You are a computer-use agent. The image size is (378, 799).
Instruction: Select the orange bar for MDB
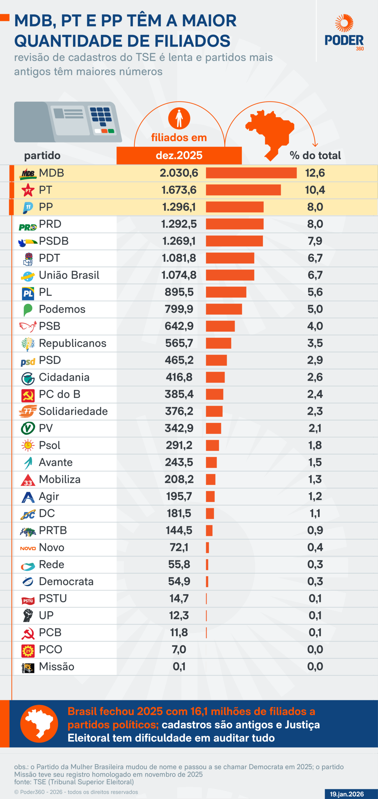251,173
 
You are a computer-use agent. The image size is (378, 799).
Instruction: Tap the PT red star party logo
28,190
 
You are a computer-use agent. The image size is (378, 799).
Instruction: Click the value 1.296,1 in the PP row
179,207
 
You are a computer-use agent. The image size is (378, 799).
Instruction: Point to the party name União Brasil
69,275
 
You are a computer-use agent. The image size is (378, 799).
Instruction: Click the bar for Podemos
224,309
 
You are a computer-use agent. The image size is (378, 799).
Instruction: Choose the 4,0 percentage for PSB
315,326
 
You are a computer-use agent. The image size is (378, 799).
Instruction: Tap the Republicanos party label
72,343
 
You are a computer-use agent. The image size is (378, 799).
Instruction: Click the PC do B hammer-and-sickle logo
28,395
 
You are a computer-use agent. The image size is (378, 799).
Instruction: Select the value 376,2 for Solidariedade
179,411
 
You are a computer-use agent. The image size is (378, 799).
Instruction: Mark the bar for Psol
212,445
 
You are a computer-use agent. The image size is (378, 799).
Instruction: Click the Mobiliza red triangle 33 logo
28,480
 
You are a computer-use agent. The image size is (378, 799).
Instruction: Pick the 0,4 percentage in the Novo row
315,547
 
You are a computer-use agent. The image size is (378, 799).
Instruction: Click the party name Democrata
66,581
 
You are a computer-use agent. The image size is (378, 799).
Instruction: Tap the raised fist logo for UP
28,615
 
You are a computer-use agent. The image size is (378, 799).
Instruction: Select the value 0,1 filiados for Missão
179,666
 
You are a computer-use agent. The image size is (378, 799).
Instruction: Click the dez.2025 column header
179,155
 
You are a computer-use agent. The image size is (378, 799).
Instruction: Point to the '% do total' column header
315,155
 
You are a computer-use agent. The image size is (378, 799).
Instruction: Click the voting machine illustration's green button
111,131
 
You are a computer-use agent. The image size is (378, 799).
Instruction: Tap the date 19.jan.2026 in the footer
347,794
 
